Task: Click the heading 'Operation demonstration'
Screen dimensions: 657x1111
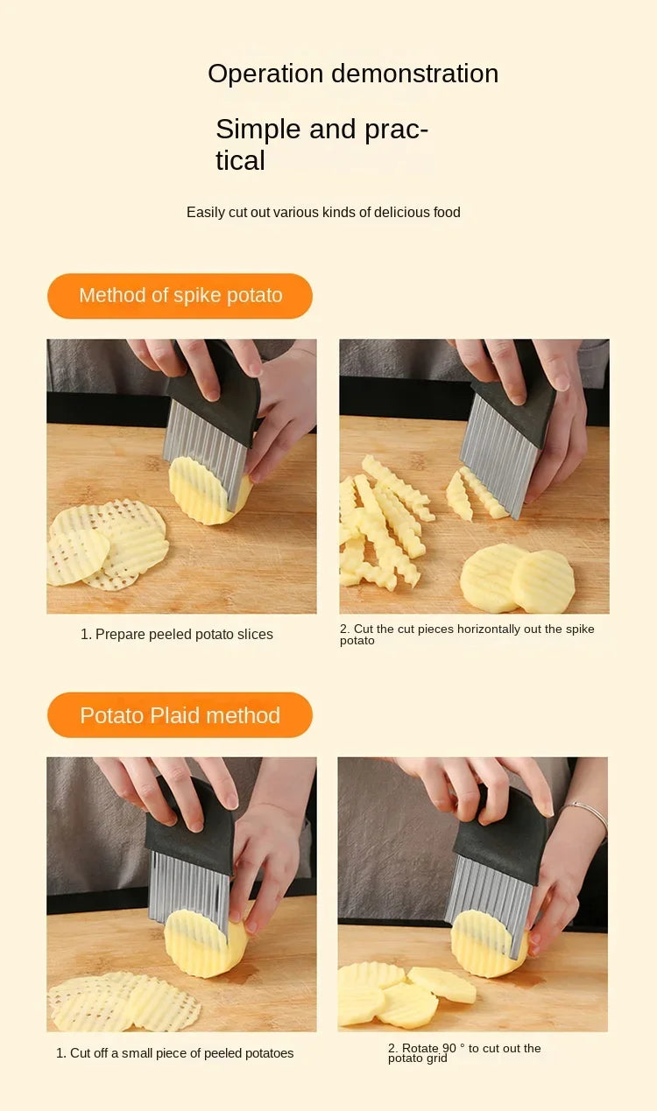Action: pos(353,74)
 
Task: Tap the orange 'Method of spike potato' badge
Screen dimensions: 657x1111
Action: pos(180,296)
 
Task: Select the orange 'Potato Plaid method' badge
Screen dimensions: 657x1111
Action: pos(180,714)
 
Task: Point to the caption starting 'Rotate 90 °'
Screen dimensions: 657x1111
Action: pos(464,1053)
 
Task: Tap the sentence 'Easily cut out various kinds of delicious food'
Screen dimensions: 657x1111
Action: pos(323,212)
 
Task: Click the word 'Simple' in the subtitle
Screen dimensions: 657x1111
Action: pos(258,130)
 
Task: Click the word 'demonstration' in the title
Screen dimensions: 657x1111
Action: pos(415,74)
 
